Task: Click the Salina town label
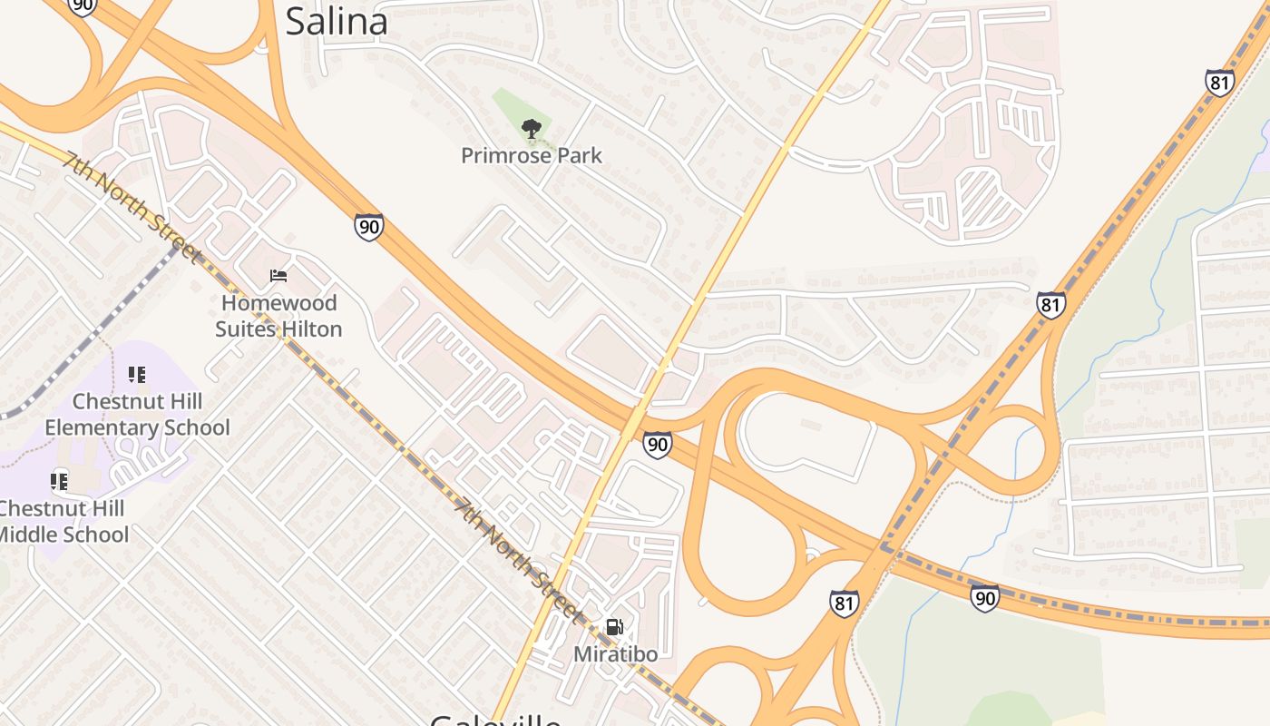(x=337, y=21)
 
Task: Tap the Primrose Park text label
(x=531, y=155)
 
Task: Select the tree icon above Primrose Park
(x=532, y=129)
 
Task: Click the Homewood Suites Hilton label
(x=278, y=316)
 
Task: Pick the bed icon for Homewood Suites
(x=278, y=276)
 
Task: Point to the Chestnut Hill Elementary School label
(x=137, y=415)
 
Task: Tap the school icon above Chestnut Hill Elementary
(x=137, y=375)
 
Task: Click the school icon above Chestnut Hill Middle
(x=60, y=481)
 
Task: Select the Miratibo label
(x=615, y=653)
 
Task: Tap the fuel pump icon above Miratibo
(x=614, y=627)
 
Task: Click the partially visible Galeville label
(x=494, y=719)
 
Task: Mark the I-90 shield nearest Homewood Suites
(x=368, y=226)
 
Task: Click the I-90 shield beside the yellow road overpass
(x=657, y=444)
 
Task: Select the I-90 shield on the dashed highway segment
(x=984, y=598)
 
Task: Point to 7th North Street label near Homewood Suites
(x=132, y=206)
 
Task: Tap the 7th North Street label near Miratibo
(x=517, y=560)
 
